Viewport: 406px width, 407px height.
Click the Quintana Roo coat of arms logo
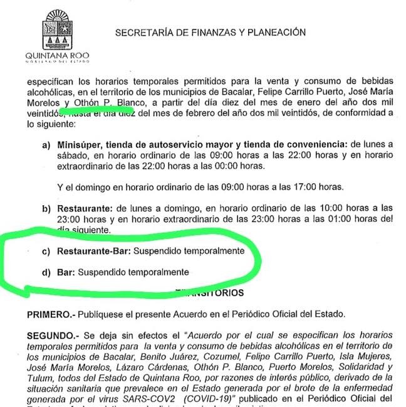pyautogui.click(x=57, y=30)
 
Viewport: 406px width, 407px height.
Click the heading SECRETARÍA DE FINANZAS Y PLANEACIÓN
pyautogui.click(x=211, y=33)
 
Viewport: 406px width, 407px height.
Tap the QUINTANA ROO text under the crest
pyautogui.click(x=57, y=55)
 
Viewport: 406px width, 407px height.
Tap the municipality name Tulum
pyautogui.click(x=38, y=377)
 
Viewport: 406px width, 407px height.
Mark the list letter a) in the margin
pyautogui.click(x=46, y=144)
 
